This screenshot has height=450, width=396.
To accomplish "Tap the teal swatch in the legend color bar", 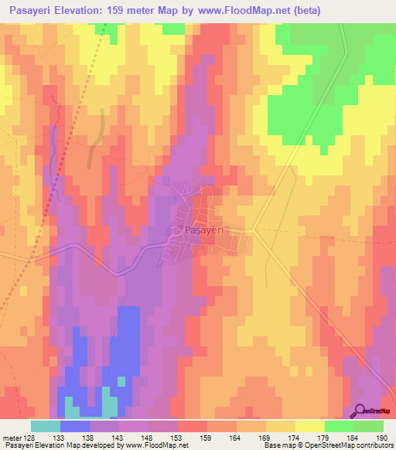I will click(45, 426).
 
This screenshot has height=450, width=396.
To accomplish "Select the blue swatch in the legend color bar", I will click(74, 426).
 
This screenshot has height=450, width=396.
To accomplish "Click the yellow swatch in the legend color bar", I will click(309, 426).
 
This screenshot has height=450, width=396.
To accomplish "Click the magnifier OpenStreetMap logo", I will click(360, 410).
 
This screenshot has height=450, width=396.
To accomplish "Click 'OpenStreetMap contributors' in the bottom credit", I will click(352, 445).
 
